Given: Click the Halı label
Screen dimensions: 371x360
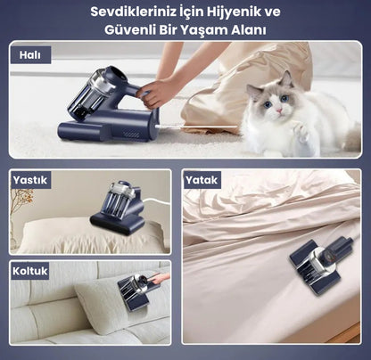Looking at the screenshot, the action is (30, 55).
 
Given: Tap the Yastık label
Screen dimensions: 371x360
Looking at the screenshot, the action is (30, 180).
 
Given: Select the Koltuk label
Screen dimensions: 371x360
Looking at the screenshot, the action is (30, 271).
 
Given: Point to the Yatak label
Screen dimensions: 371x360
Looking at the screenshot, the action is (202, 180).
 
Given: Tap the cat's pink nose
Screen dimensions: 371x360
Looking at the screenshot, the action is (279, 110).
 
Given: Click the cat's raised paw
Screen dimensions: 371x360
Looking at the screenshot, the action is (301, 131).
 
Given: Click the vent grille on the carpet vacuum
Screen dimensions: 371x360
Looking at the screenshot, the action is (132, 135).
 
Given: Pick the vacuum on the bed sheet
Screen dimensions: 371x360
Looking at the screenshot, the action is (322, 265).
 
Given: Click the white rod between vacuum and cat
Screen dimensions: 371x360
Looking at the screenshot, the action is (197, 127).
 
